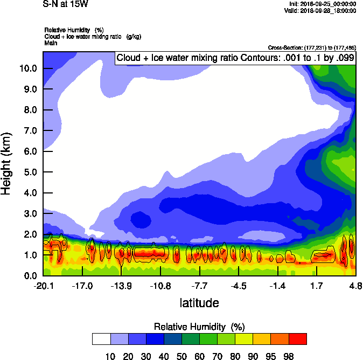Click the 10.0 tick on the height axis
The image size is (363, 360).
point(29,68)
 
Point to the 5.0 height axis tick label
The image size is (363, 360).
point(29,172)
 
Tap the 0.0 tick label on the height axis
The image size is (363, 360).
point(29,276)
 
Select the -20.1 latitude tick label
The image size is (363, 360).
point(43,285)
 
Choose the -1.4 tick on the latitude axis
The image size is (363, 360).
point(277,285)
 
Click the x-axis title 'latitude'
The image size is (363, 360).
point(199,302)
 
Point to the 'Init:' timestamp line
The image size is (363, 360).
point(322,4)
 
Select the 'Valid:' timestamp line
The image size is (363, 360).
point(322,10)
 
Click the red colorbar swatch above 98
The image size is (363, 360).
point(298,339)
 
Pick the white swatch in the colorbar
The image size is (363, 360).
point(101,339)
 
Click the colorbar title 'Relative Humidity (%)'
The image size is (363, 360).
point(199,327)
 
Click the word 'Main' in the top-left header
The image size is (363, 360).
point(51,42)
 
